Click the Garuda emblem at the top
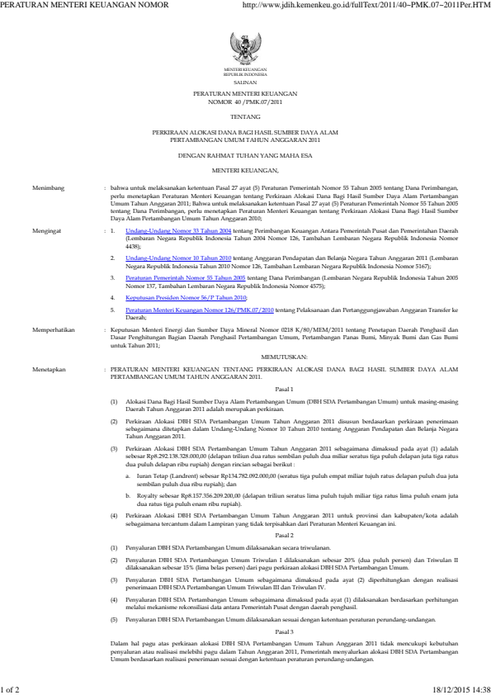tap(244, 44)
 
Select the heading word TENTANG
tap(244, 119)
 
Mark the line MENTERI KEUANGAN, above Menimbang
tap(244, 169)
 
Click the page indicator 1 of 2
tap(14, 688)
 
